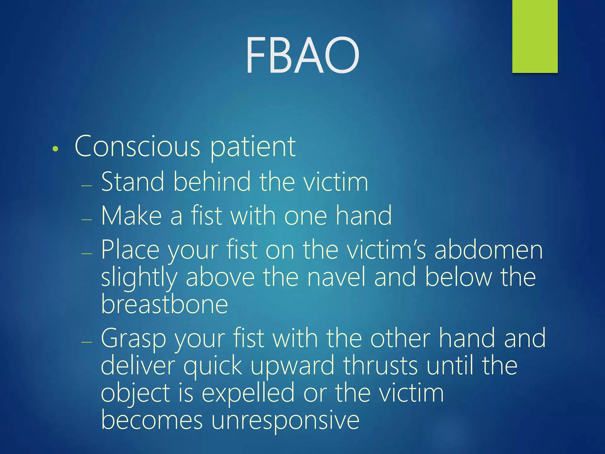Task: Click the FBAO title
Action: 302,55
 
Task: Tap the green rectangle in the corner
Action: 535,36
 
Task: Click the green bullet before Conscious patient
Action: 55,149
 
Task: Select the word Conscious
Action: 137,146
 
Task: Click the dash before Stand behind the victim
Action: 87,186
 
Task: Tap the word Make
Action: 131,216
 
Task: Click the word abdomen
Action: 489,250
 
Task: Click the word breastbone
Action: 165,304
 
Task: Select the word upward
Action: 292,366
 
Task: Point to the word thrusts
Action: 380,366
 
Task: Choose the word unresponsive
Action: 285,421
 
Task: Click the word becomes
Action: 152,420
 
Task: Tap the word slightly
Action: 139,278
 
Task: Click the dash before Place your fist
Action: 87,254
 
